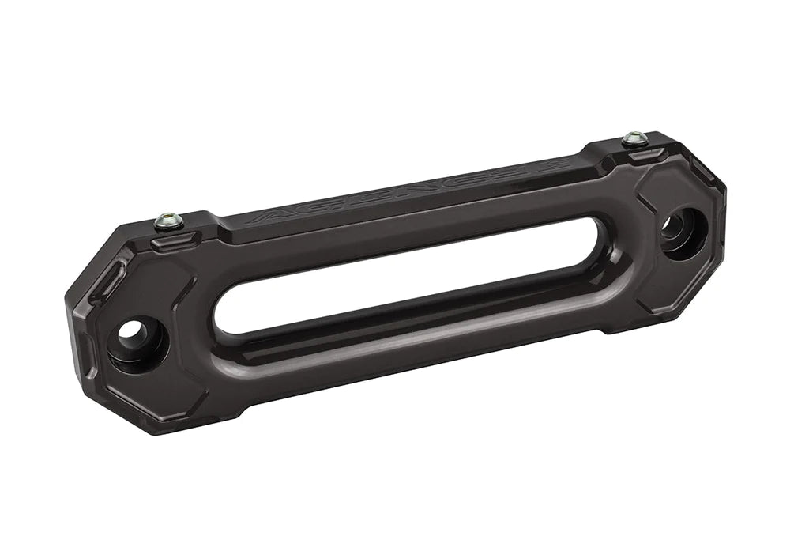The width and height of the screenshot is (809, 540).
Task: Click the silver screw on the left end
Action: point(168,221)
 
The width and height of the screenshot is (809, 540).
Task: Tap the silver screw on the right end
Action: point(634,139)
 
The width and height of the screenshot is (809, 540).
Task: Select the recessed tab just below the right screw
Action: point(644,153)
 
